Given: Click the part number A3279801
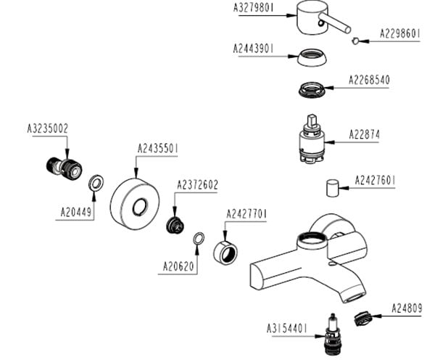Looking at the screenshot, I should click(x=253, y=9).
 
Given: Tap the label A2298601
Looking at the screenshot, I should click(x=401, y=33).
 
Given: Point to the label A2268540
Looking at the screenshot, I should click(x=369, y=79).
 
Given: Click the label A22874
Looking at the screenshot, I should click(x=364, y=134).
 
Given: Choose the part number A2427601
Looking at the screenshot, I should click(x=376, y=180).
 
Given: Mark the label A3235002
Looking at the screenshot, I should click(x=48, y=129).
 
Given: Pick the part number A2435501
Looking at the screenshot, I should click(x=159, y=149).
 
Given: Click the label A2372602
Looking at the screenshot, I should click(x=197, y=185).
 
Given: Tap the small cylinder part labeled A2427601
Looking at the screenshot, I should click(x=332, y=189).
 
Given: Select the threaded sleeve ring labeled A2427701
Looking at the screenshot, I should click(x=227, y=251).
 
